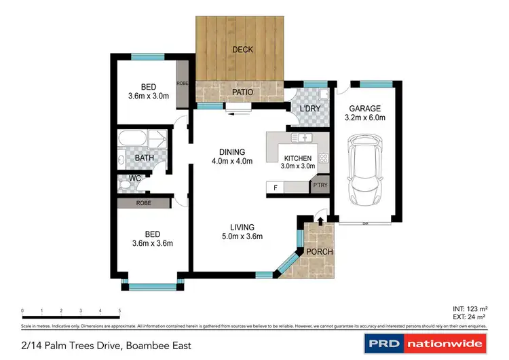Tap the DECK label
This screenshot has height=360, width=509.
pyautogui.click(x=242, y=50)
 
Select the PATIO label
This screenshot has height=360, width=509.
pyautogui.click(x=242, y=92)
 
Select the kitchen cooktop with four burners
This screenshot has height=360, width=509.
pyautogui.click(x=323, y=159)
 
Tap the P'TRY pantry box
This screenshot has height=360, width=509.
pyautogui.click(x=319, y=186)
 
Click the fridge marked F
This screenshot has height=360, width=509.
pyautogui.click(x=276, y=187)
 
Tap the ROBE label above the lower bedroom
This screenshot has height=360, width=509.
pyautogui.click(x=143, y=202)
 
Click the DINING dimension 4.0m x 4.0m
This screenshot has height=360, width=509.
pyautogui.click(x=231, y=161)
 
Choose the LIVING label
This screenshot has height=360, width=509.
pyautogui.click(x=242, y=227)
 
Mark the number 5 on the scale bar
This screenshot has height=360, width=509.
pyautogui.click(x=120, y=310)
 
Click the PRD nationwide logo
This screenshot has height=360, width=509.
pyautogui.click(x=426, y=343)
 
